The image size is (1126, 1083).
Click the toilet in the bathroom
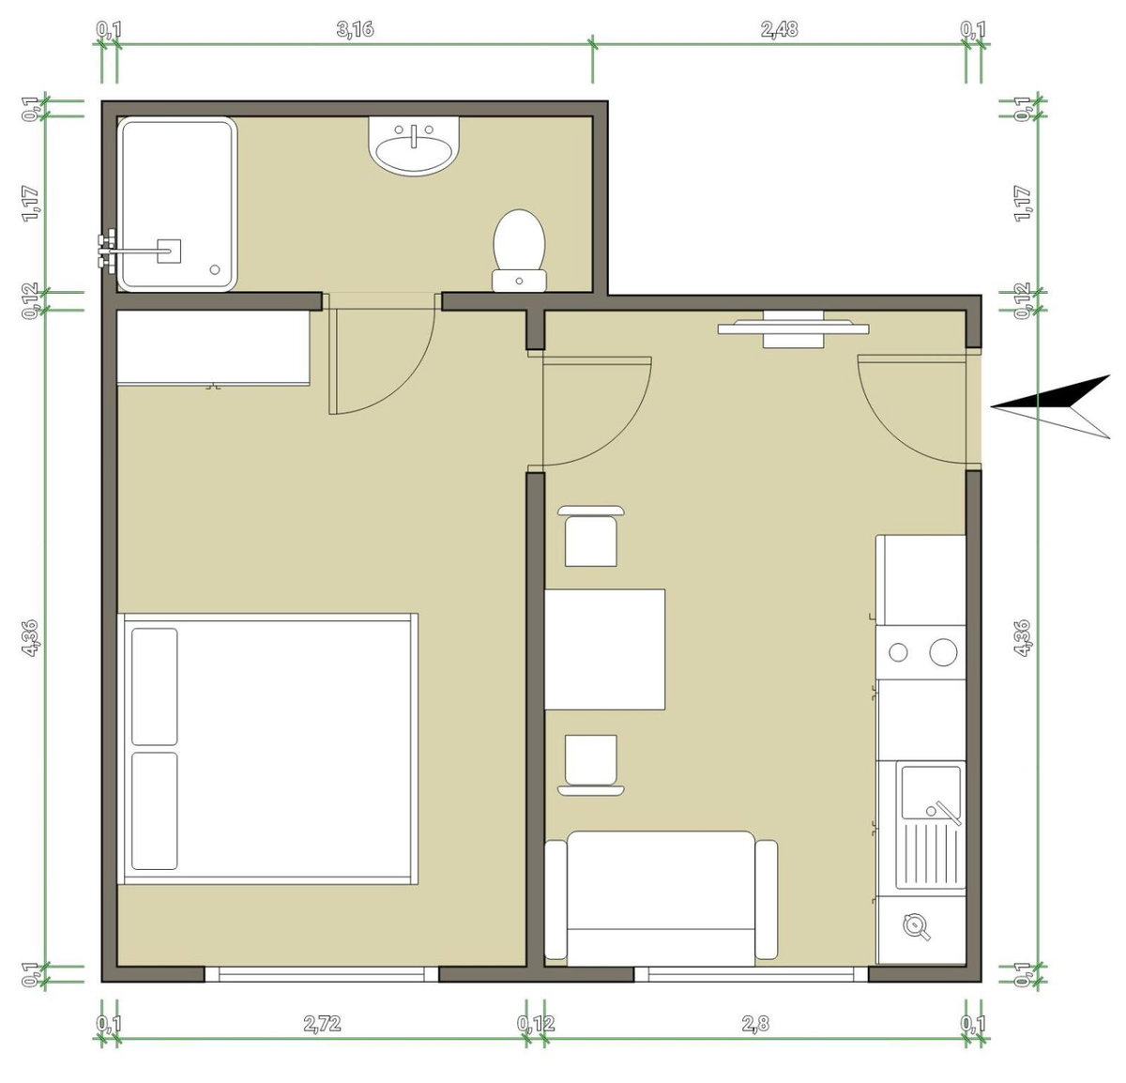point(519,250)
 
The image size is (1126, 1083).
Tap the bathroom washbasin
point(414,145)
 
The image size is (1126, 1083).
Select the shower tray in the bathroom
point(177,205)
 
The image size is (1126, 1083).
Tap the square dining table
point(604,648)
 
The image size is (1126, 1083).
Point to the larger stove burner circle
point(943,652)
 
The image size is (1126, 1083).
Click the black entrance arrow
point(1050,406)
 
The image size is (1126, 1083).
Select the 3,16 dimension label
point(356,29)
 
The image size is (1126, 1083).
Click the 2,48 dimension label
point(779,29)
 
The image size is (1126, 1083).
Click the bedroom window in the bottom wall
point(321,974)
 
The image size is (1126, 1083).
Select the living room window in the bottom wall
point(751,974)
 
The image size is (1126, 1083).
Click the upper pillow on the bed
point(155,687)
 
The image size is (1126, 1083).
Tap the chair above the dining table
point(591,536)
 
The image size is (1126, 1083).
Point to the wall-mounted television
point(793,328)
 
